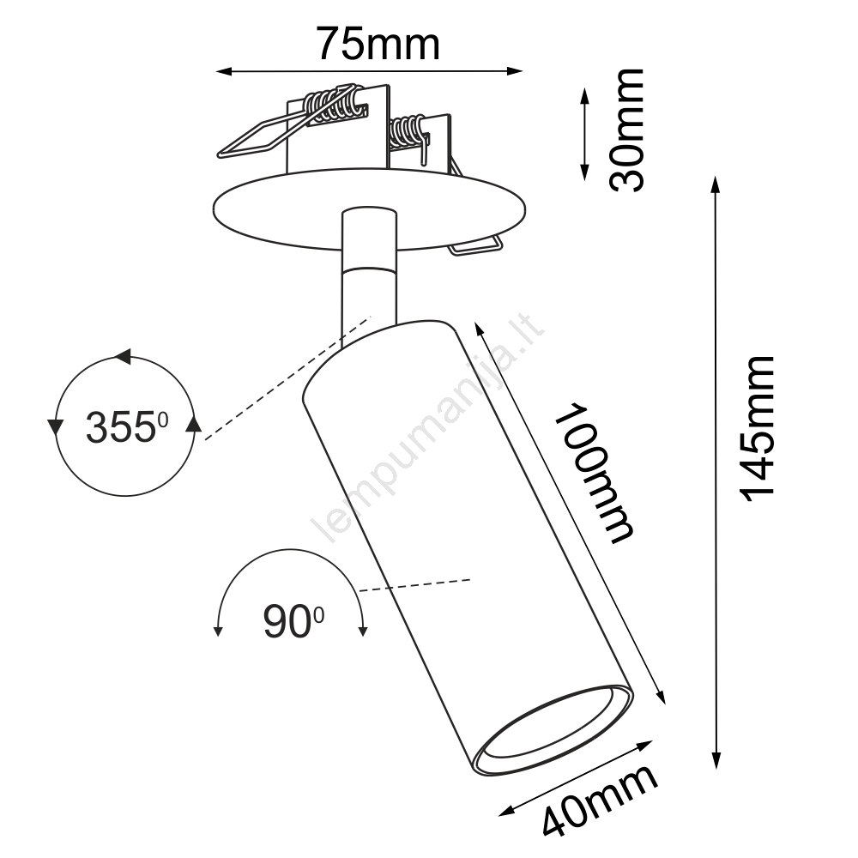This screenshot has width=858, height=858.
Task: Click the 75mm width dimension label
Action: point(378,44)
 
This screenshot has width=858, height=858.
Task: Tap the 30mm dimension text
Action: point(627,130)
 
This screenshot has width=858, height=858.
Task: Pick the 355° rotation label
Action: point(127,427)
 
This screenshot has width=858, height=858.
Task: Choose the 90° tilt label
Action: point(293,622)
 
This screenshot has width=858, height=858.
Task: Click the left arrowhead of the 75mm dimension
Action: point(223,71)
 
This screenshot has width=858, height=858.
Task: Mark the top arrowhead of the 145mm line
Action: point(715,184)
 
